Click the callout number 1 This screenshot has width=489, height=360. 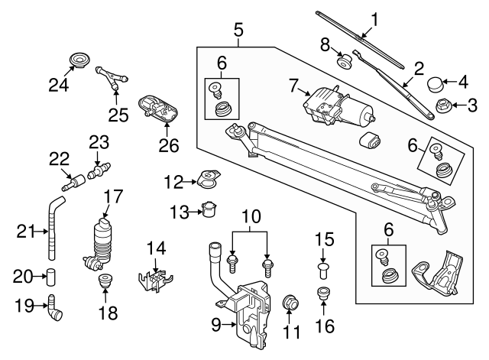tap(374, 18)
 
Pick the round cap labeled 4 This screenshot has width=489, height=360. tap(436, 82)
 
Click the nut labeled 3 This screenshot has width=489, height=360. tap(442, 105)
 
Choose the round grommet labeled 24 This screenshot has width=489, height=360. tap(76, 60)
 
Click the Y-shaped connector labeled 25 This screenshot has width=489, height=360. tap(111, 76)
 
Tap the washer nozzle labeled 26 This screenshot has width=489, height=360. tap(159, 109)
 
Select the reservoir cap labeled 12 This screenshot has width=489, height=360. tap(205, 180)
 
